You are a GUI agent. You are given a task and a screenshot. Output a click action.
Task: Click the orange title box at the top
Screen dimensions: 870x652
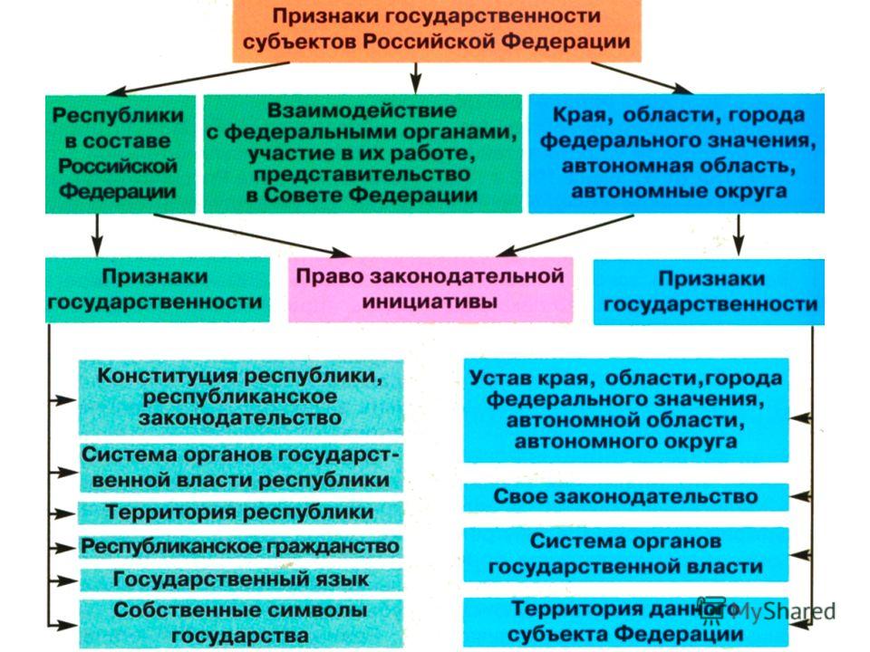pyautogui.click(x=437, y=31)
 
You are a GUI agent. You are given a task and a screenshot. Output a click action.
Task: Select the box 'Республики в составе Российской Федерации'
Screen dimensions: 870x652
pyautogui.click(x=121, y=154)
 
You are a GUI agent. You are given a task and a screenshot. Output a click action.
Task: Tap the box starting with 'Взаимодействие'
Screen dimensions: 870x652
pyautogui.click(x=362, y=154)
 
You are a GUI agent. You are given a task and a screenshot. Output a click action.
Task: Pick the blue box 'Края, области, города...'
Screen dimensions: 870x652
pyautogui.click(x=676, y=153)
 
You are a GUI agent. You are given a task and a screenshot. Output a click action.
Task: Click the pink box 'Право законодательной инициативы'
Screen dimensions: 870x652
pyautogui.click(x=430, y=290)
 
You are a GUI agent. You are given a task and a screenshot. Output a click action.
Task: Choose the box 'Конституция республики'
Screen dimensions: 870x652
pyautogui.click(x=241, y=397)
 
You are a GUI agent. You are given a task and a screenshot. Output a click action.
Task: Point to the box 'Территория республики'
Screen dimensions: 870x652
pyautogui.click(x=240, y=513)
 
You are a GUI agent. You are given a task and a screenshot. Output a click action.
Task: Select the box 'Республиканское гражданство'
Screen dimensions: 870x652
pyautogui.click(x=241, y=547)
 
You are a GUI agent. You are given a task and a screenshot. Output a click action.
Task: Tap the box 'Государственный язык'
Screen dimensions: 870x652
pyautogui.click(x=241, y=580)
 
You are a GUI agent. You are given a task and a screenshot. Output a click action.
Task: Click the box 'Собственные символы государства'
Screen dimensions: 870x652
pyautogui.click(x=241, y=623)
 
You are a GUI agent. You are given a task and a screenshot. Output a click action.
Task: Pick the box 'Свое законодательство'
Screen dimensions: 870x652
pyautogui.click(x=626, y=497)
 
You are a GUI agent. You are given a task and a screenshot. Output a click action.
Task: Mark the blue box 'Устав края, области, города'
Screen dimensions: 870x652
pyautogui.click(x=626, y=410)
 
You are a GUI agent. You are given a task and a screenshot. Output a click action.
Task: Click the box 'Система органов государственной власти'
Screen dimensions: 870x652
pyautogui.click(x=626, y=554)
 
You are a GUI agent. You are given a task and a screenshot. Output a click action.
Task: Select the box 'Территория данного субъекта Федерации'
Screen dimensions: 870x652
pyautogui.click(x=626, y=622)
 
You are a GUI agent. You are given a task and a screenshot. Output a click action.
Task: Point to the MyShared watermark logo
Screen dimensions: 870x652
pyautogui.click(x=767, y=610)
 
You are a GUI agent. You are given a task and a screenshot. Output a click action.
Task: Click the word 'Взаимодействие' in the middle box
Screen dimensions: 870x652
pyautogui.click(x=362, y=110)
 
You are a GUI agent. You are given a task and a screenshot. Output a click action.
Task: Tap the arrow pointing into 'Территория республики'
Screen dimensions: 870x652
pyautogui.click(x=63, y=514)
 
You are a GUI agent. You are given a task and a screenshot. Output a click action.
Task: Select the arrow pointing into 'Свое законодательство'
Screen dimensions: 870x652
pyautogui.click(x=801, y=497)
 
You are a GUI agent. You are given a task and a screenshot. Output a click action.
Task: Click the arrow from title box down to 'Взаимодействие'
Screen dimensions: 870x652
pyautogui.click(x=416, y=78)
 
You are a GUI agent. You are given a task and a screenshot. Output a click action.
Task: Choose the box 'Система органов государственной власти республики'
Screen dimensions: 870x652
pyautogui.click(x=241, y=467)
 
